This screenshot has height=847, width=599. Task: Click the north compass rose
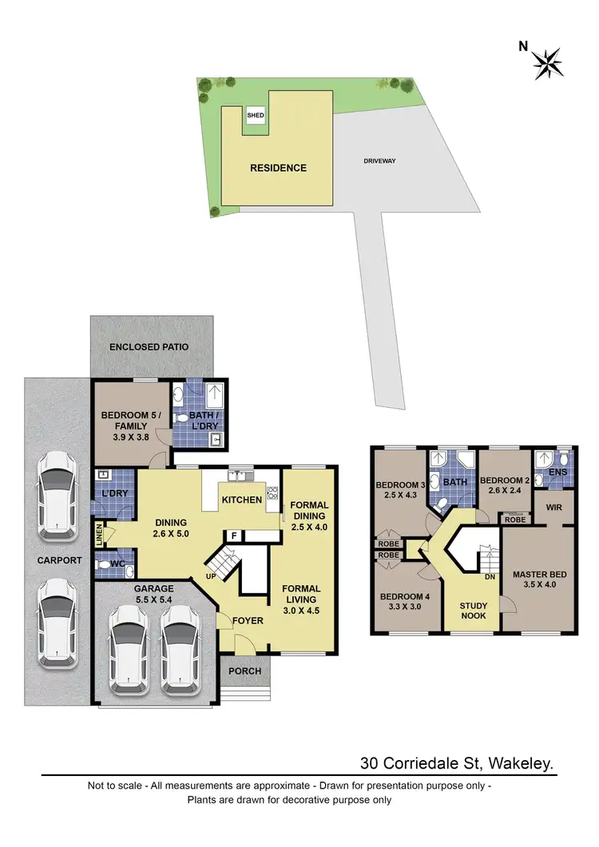point(549,61)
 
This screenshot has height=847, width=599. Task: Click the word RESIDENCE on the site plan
point(278,168)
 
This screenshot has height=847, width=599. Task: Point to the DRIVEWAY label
point(379,160)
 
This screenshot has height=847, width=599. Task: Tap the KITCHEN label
point(241,500)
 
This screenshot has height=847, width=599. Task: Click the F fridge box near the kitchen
point(234,536)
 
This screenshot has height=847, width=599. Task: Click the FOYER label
point(248,620)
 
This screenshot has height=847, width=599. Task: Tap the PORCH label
point(244,671)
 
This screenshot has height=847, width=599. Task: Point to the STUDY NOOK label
point(473,611)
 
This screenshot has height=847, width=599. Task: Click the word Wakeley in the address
point(518,765)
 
